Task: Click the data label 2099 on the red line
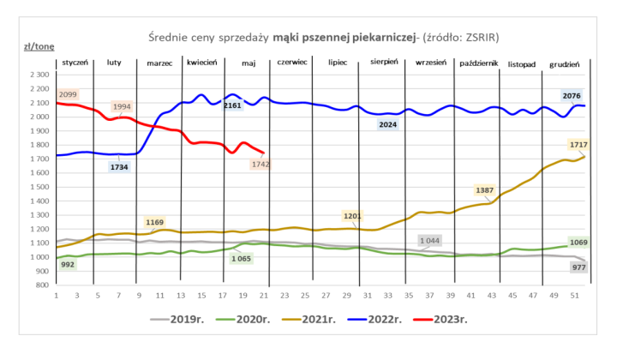67,94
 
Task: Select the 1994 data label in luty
122,107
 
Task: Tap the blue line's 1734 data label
119,167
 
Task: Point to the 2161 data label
231,105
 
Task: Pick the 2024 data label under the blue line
387,125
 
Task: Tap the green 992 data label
68,266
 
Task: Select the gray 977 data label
578,267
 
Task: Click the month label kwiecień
201,63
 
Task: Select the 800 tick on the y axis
41,285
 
